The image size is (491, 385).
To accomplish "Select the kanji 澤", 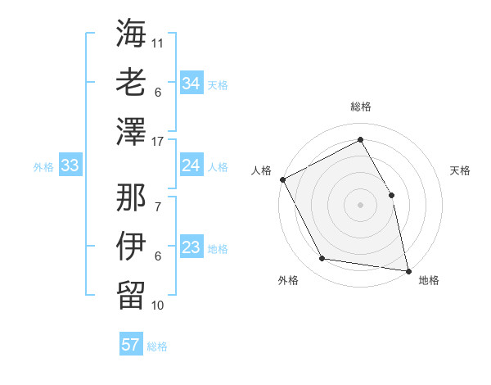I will pyautogui.click(x=131, y=133).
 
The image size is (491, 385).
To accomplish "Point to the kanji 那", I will pyautogui.click(x=131, y=197).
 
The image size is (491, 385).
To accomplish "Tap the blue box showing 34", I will pyautogui.click(x=191, y=84).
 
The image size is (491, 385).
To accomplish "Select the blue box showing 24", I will pyautogui.click(x=191, y=166).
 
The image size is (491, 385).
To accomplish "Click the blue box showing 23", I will pyautogui.click(x=191, y=248).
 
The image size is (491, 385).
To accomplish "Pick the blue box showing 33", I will pyautogui.click(x=70, y=166).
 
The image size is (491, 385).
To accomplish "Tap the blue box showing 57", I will pyautogui.click(x=130, y=345).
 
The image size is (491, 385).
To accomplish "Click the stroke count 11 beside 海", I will pyautogui.click(x=158, y=41).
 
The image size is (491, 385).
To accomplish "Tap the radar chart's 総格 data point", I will pyautogui.click(x=360, y=140).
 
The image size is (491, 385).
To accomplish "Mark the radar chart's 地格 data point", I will pyautogui.click(x=408, y=269).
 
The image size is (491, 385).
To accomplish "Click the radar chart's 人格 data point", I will pyautogui.click(x=282, y=179).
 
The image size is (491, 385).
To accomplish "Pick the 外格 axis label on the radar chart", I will pyautogui.click(x=288, y=281).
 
